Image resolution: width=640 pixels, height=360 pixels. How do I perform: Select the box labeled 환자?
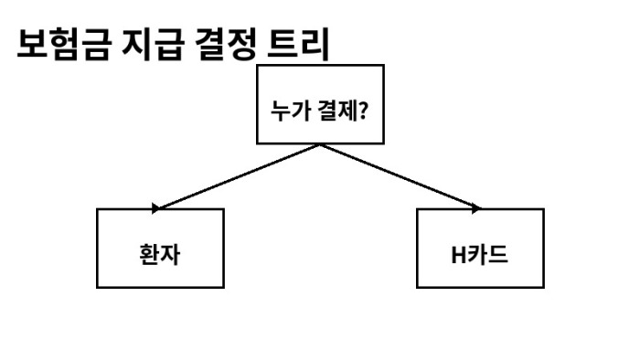[x=160, y=249]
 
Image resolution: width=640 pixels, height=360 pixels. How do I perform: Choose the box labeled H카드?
[x=479, y=249]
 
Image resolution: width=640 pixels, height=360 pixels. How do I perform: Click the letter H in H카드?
[x=458, y=254]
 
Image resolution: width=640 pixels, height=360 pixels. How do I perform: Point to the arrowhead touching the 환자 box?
[x=157, y=208]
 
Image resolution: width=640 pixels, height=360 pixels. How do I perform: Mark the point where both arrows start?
[x=319, y=145]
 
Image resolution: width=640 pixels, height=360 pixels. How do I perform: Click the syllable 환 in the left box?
[x=149, y=254]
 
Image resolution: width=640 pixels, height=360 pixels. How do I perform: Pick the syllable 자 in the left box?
[x=170, y=254]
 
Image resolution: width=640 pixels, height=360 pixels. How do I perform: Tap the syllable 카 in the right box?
[x=478, y=254]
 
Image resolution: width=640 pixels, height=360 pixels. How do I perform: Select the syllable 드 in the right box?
[x=498, y=254]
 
